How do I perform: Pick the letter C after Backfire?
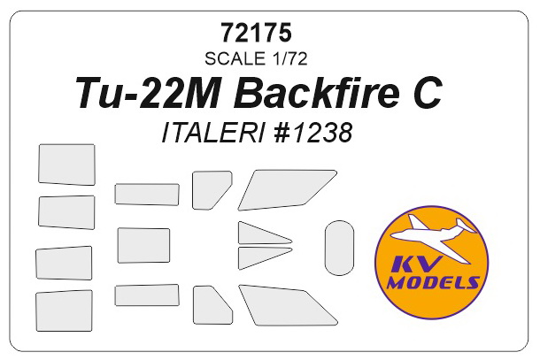[x=428, y=95]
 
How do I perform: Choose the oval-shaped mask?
[x=338, y=248]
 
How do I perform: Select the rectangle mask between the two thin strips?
[x=143, y=246]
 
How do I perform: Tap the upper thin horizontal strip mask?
[x=146, y=194]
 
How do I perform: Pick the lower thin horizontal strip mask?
[x=146, y=295]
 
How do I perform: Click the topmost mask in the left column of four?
[x=66, y=165]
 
